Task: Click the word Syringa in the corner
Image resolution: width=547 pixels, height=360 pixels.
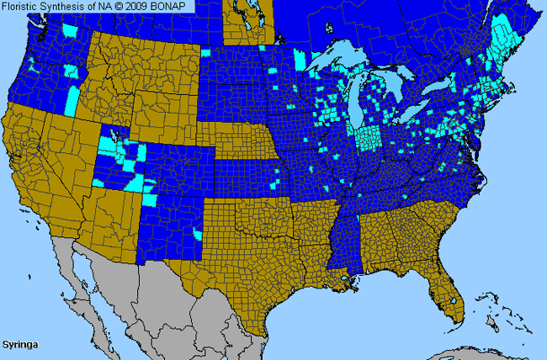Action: click(19, 345)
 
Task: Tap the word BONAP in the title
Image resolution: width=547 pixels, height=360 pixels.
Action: click(173, 6)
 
